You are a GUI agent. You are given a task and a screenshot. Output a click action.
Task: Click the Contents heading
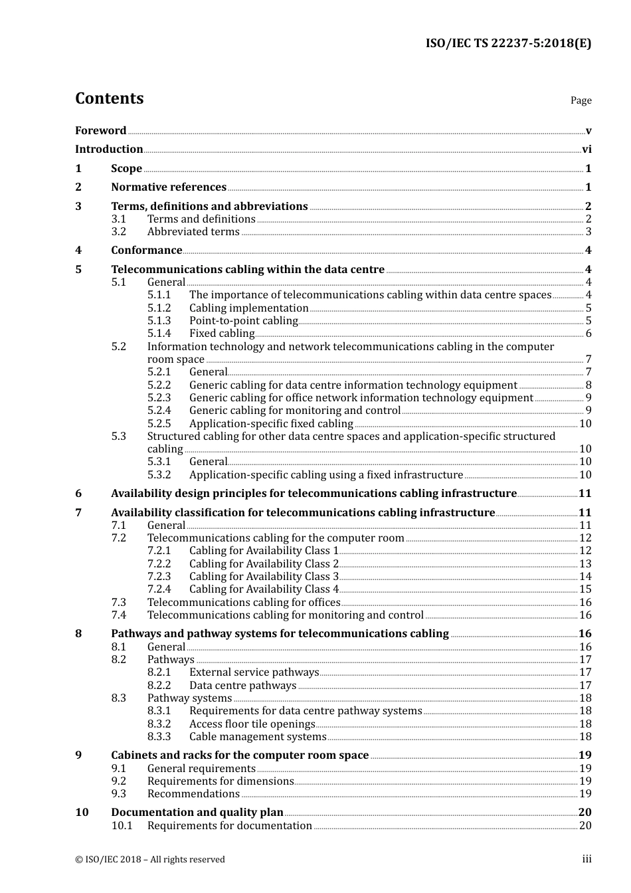point(109,98)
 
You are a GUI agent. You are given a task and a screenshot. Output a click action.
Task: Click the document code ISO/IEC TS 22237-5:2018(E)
point(508,43)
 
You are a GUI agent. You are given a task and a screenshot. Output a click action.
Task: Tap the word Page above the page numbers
point(581,100)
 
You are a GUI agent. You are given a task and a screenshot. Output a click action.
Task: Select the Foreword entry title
point(100,131)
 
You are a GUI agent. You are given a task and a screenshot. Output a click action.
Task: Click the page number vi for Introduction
point(586,149)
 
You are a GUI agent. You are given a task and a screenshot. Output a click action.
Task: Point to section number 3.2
point(118,232)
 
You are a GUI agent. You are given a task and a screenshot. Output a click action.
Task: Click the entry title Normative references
point(169,187)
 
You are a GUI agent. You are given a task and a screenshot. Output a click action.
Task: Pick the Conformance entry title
point(146,250)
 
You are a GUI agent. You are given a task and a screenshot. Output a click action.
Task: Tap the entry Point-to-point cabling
point(243,321)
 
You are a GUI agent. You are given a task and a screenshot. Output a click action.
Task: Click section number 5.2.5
point(159,424)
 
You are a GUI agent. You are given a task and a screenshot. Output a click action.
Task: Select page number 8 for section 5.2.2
point(588,385)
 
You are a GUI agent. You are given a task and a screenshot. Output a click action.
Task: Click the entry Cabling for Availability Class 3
point(264,577)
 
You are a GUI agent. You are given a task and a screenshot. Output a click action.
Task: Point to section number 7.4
point(118,615)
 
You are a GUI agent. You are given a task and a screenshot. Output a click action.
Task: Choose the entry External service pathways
point(254,672)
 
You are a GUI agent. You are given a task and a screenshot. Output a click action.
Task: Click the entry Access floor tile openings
point(252,724)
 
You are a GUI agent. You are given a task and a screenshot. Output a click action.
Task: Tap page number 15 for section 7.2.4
point(585,589)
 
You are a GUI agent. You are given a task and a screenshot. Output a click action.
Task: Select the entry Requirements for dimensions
point(221,781)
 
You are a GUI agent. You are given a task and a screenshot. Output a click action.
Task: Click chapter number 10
point(82,813)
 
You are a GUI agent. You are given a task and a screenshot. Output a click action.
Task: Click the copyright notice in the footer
point(150,860)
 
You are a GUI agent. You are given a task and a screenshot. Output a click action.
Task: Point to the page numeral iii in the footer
point(586,859)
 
